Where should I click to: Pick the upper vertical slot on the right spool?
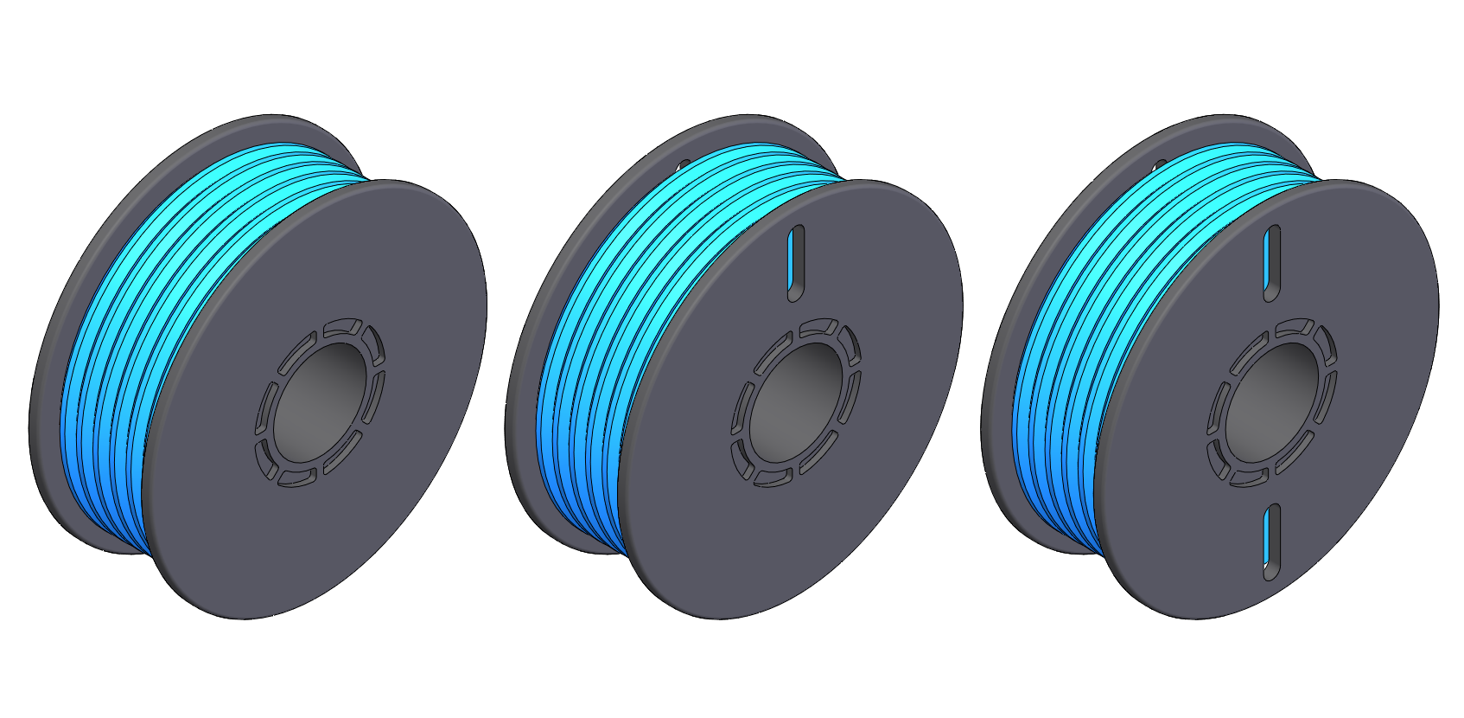point(1271,262)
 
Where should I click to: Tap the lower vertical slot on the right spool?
point(1270,541)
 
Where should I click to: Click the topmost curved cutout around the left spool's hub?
point(341,328)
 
